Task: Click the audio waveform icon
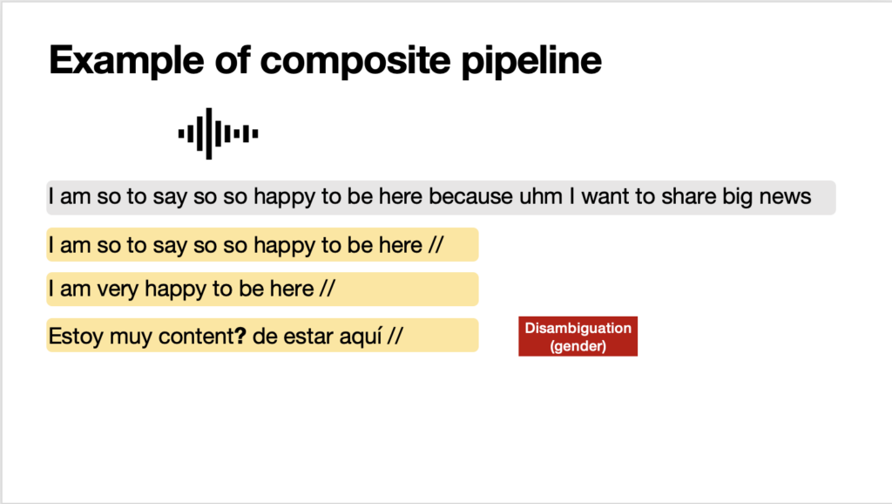[219, 133]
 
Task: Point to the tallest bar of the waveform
[209, 133]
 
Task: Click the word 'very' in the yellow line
[118, 289]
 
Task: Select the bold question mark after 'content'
[240, 336]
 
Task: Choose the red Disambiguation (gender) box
[578, 337]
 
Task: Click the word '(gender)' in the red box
[578, 346]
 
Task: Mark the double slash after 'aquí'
[395, 336]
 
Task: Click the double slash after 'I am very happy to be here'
[328, 289]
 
